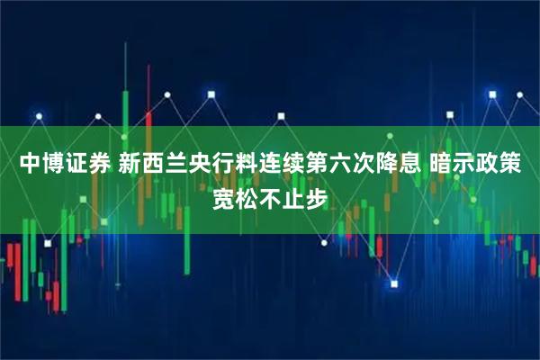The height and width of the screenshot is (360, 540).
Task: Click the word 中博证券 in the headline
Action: point(60,164)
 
